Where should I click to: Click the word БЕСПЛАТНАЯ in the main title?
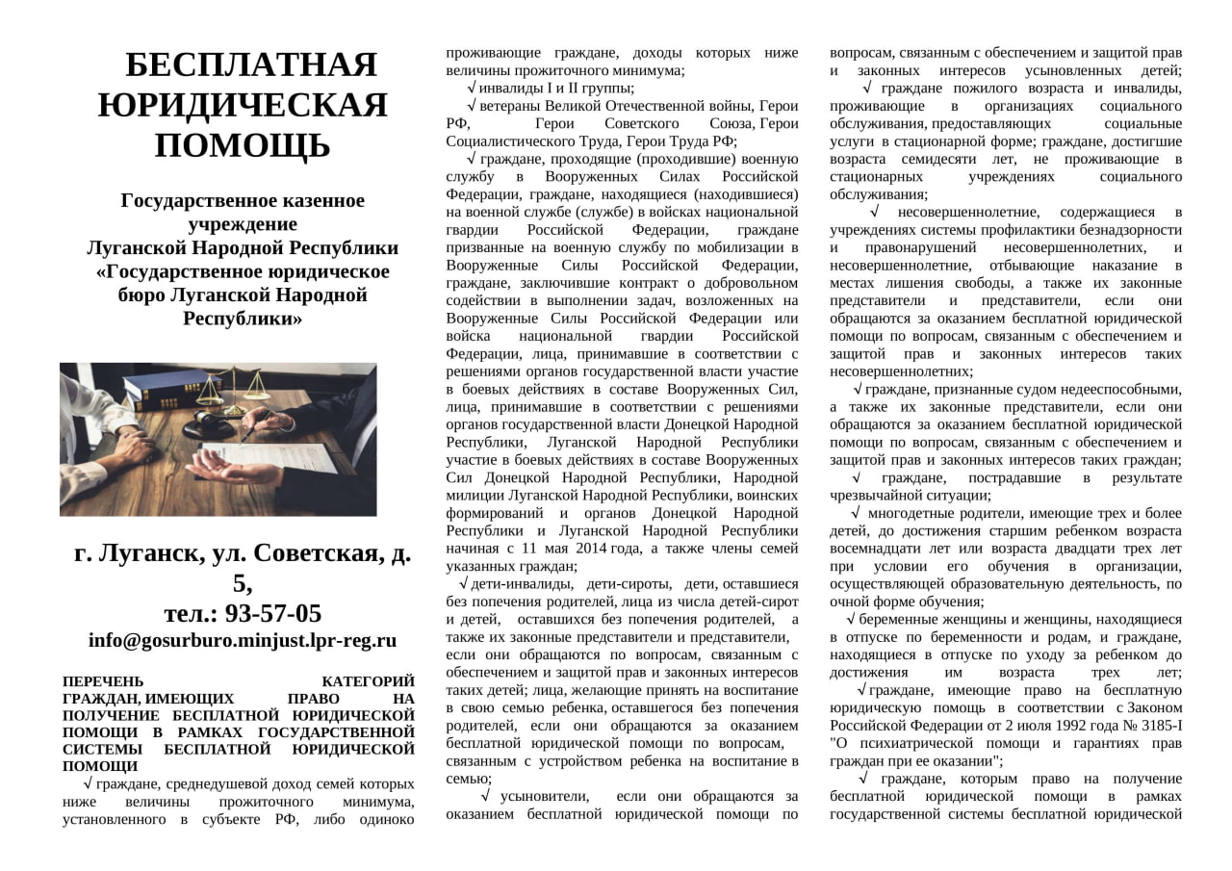251,64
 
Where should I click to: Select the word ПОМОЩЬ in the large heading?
243,145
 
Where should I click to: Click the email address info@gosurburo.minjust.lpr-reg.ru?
243,640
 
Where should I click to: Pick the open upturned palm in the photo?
226,469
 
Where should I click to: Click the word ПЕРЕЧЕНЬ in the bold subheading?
102,681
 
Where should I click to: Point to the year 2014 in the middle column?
589,549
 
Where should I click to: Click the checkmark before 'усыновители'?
486,796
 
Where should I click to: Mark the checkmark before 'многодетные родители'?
857,513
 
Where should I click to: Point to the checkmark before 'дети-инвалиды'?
464,583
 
